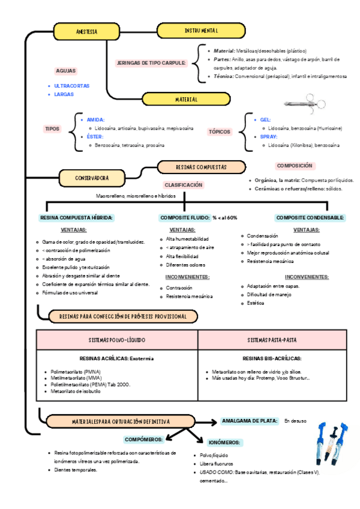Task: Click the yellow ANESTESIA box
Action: pyautogui.click(x=88, y=31)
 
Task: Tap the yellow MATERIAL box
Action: pyautogui.click(x=186, y=99)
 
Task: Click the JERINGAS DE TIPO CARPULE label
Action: pyautogui.click(x=151, y=62)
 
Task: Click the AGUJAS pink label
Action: pyautogui.click(x=65, y=70)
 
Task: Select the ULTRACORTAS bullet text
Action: pyautogui.click(x=71, y=86)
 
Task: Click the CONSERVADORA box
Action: pyautogui.click(x=92, y=178)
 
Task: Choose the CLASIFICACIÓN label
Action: pyautogui.click(x=184, y=185)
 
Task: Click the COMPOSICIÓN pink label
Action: pyautogui.click(x=295, y=166)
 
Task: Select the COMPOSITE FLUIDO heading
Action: pyautogui.click(x=185, y=217)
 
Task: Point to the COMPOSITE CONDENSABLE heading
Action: pyautogui.click(x=310, y=217)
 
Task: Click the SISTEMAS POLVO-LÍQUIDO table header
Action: pyautogui.click(x=117, y=340)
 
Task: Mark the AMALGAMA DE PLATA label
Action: pyautogui.click(x=250, y=421)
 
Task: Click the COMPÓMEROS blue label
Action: pyautogui.click(x=143, y=439)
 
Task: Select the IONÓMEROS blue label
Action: pyautogui.click(x=225, y=442)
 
